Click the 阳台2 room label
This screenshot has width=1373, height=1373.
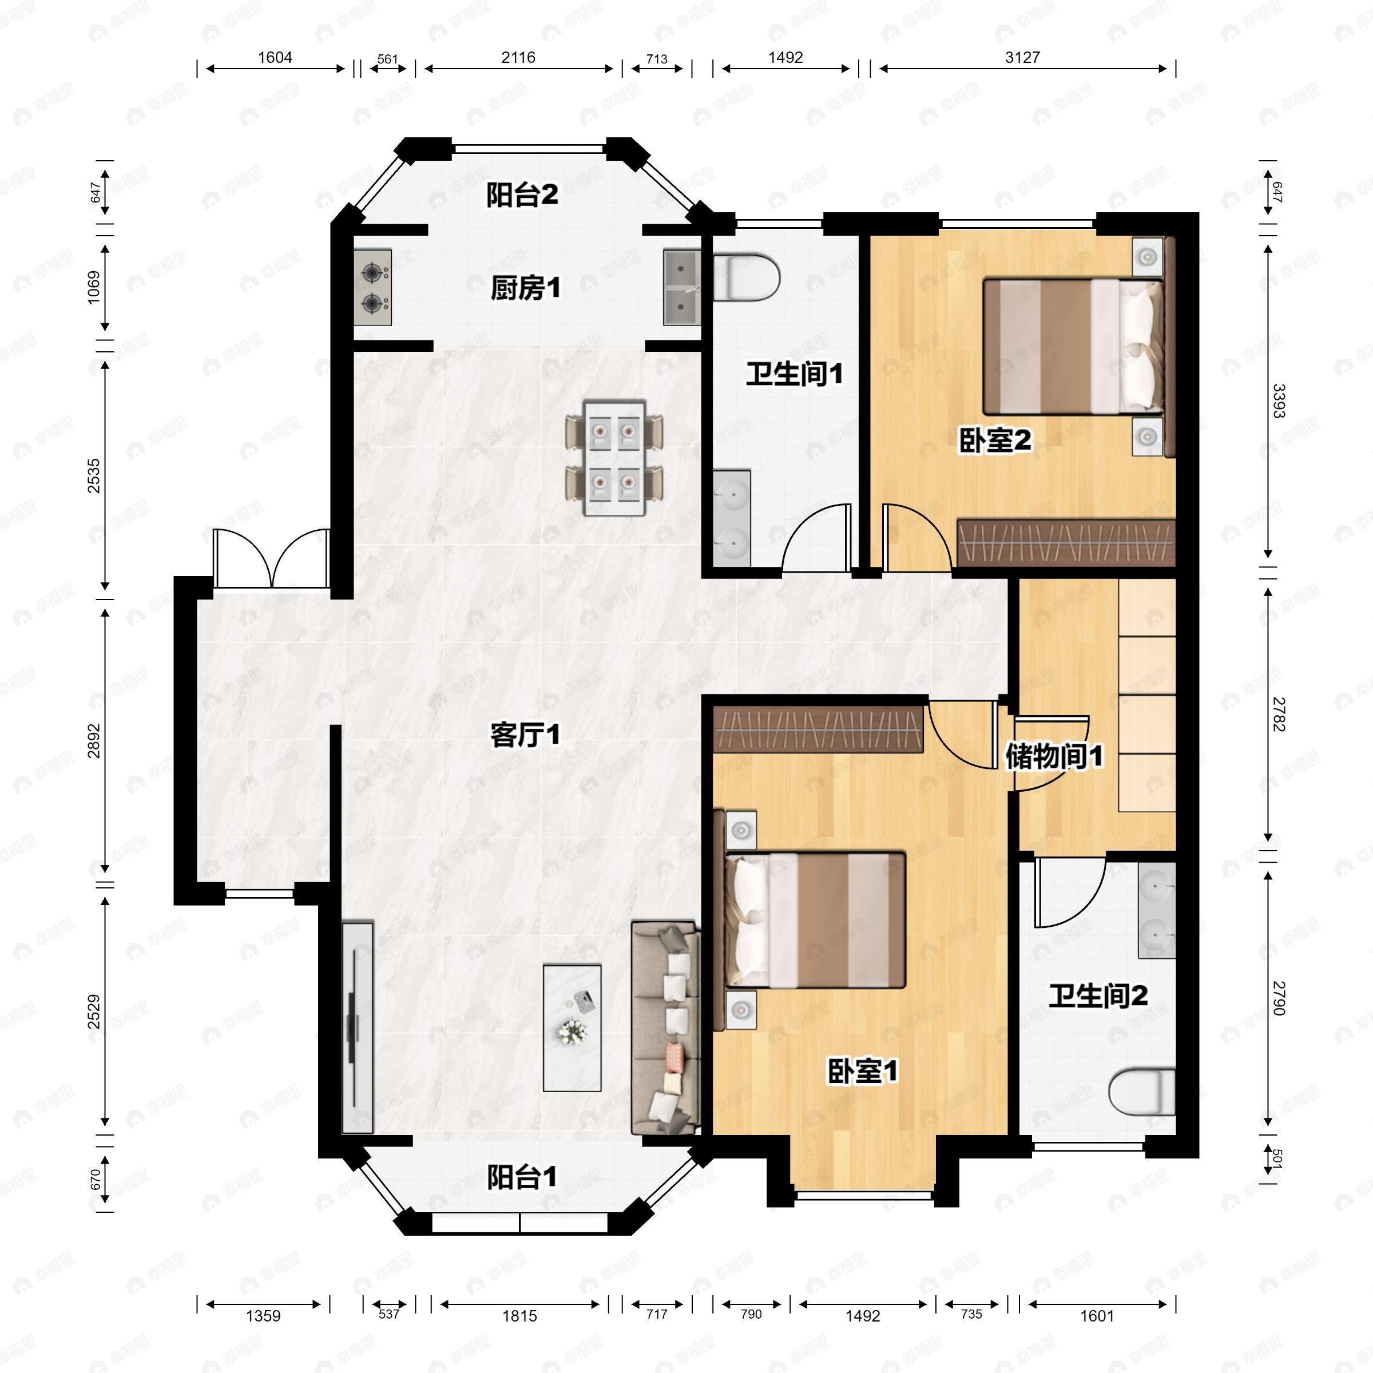click(522, 195)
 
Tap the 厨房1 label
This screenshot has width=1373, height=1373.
click(525, 288)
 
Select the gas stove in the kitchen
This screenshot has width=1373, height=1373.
click(373, 288)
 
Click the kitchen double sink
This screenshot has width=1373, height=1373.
click(681, 287)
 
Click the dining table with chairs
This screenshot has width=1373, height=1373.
click(614, 458)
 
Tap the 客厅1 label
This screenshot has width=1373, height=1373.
click(525, 735)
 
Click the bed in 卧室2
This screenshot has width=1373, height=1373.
click(1073, 347)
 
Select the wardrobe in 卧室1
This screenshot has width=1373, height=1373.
click(819, 730)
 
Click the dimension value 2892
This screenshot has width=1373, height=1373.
click(94, 740)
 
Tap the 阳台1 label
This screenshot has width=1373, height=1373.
click(522, 1177)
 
